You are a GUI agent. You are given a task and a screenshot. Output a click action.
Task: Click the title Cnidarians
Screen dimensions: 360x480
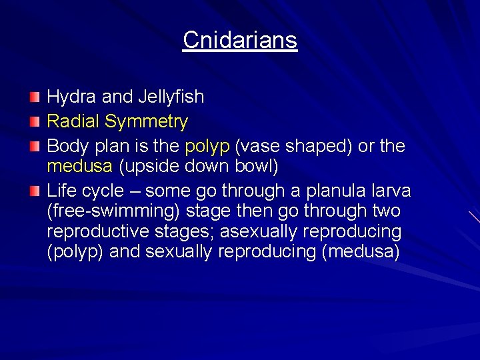pyautogui.click(x=240, y=40)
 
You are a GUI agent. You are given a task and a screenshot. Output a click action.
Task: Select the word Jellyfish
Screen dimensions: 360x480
pyautogui.click(x=171, y=97)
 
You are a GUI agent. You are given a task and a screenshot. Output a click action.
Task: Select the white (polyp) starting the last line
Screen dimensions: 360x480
pyautogui.click(x=75, y=252)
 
